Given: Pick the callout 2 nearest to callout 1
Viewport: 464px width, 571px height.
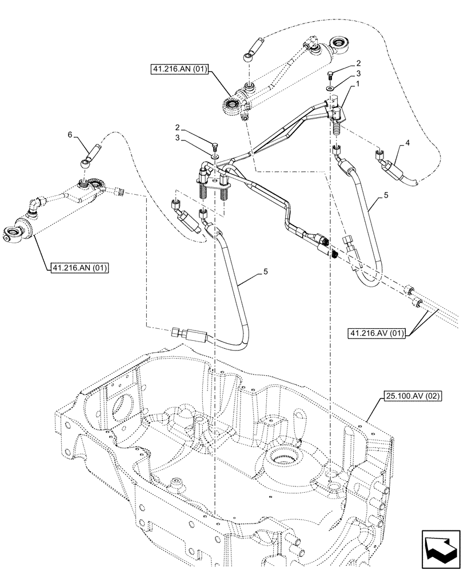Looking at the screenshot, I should pos(357,63).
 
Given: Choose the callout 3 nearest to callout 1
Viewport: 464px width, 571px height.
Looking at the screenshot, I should pos(357,74).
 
